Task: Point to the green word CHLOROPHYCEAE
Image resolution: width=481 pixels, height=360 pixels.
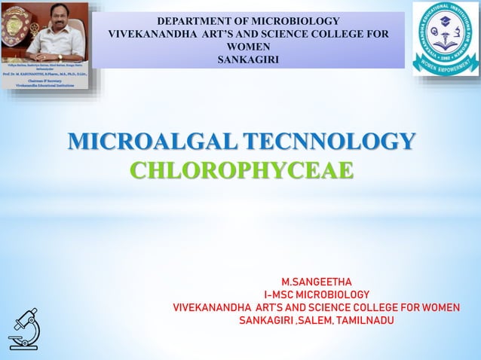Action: [241, 169]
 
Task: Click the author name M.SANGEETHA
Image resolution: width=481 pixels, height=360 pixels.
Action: [317, 282]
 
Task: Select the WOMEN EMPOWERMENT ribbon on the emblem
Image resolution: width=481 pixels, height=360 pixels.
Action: [446, 66]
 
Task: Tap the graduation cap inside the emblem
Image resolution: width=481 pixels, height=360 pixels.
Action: [446, 20]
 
